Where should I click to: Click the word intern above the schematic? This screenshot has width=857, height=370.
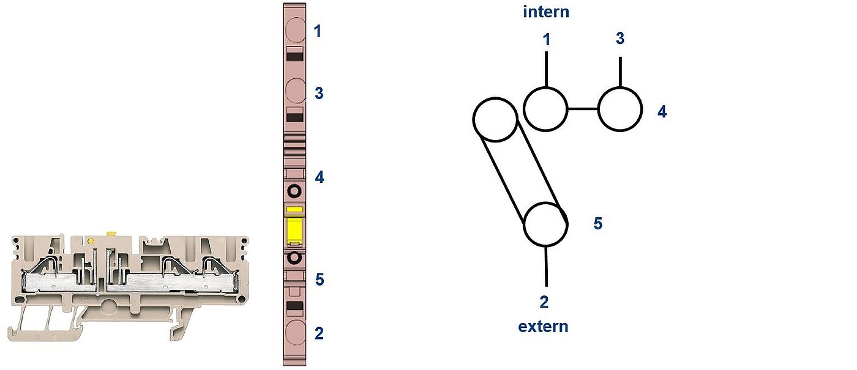[546, 12]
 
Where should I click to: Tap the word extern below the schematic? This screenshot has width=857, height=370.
[543, 327]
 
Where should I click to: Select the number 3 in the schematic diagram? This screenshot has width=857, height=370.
[620, 38]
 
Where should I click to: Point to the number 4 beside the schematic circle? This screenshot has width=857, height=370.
[662, 111]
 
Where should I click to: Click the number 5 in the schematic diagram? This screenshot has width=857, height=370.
[598, 223]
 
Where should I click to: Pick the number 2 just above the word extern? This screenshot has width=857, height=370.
[544, 302]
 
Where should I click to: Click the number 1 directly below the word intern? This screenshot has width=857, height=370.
[547, 39]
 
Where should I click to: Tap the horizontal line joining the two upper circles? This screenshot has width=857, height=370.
[582, 109]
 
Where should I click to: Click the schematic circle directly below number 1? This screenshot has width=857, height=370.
[545, 87]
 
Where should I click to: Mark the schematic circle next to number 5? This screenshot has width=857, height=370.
[545, 202]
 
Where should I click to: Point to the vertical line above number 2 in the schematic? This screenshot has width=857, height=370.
[546, 266]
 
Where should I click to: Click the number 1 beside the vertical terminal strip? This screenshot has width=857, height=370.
[317, 31]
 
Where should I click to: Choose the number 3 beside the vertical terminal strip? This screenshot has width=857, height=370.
[319, 93]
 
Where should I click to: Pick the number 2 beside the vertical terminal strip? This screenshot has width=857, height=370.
[319, 334]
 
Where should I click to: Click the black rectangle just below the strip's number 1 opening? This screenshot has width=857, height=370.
[295, 56]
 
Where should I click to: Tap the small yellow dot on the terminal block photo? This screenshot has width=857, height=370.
[91, 241]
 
